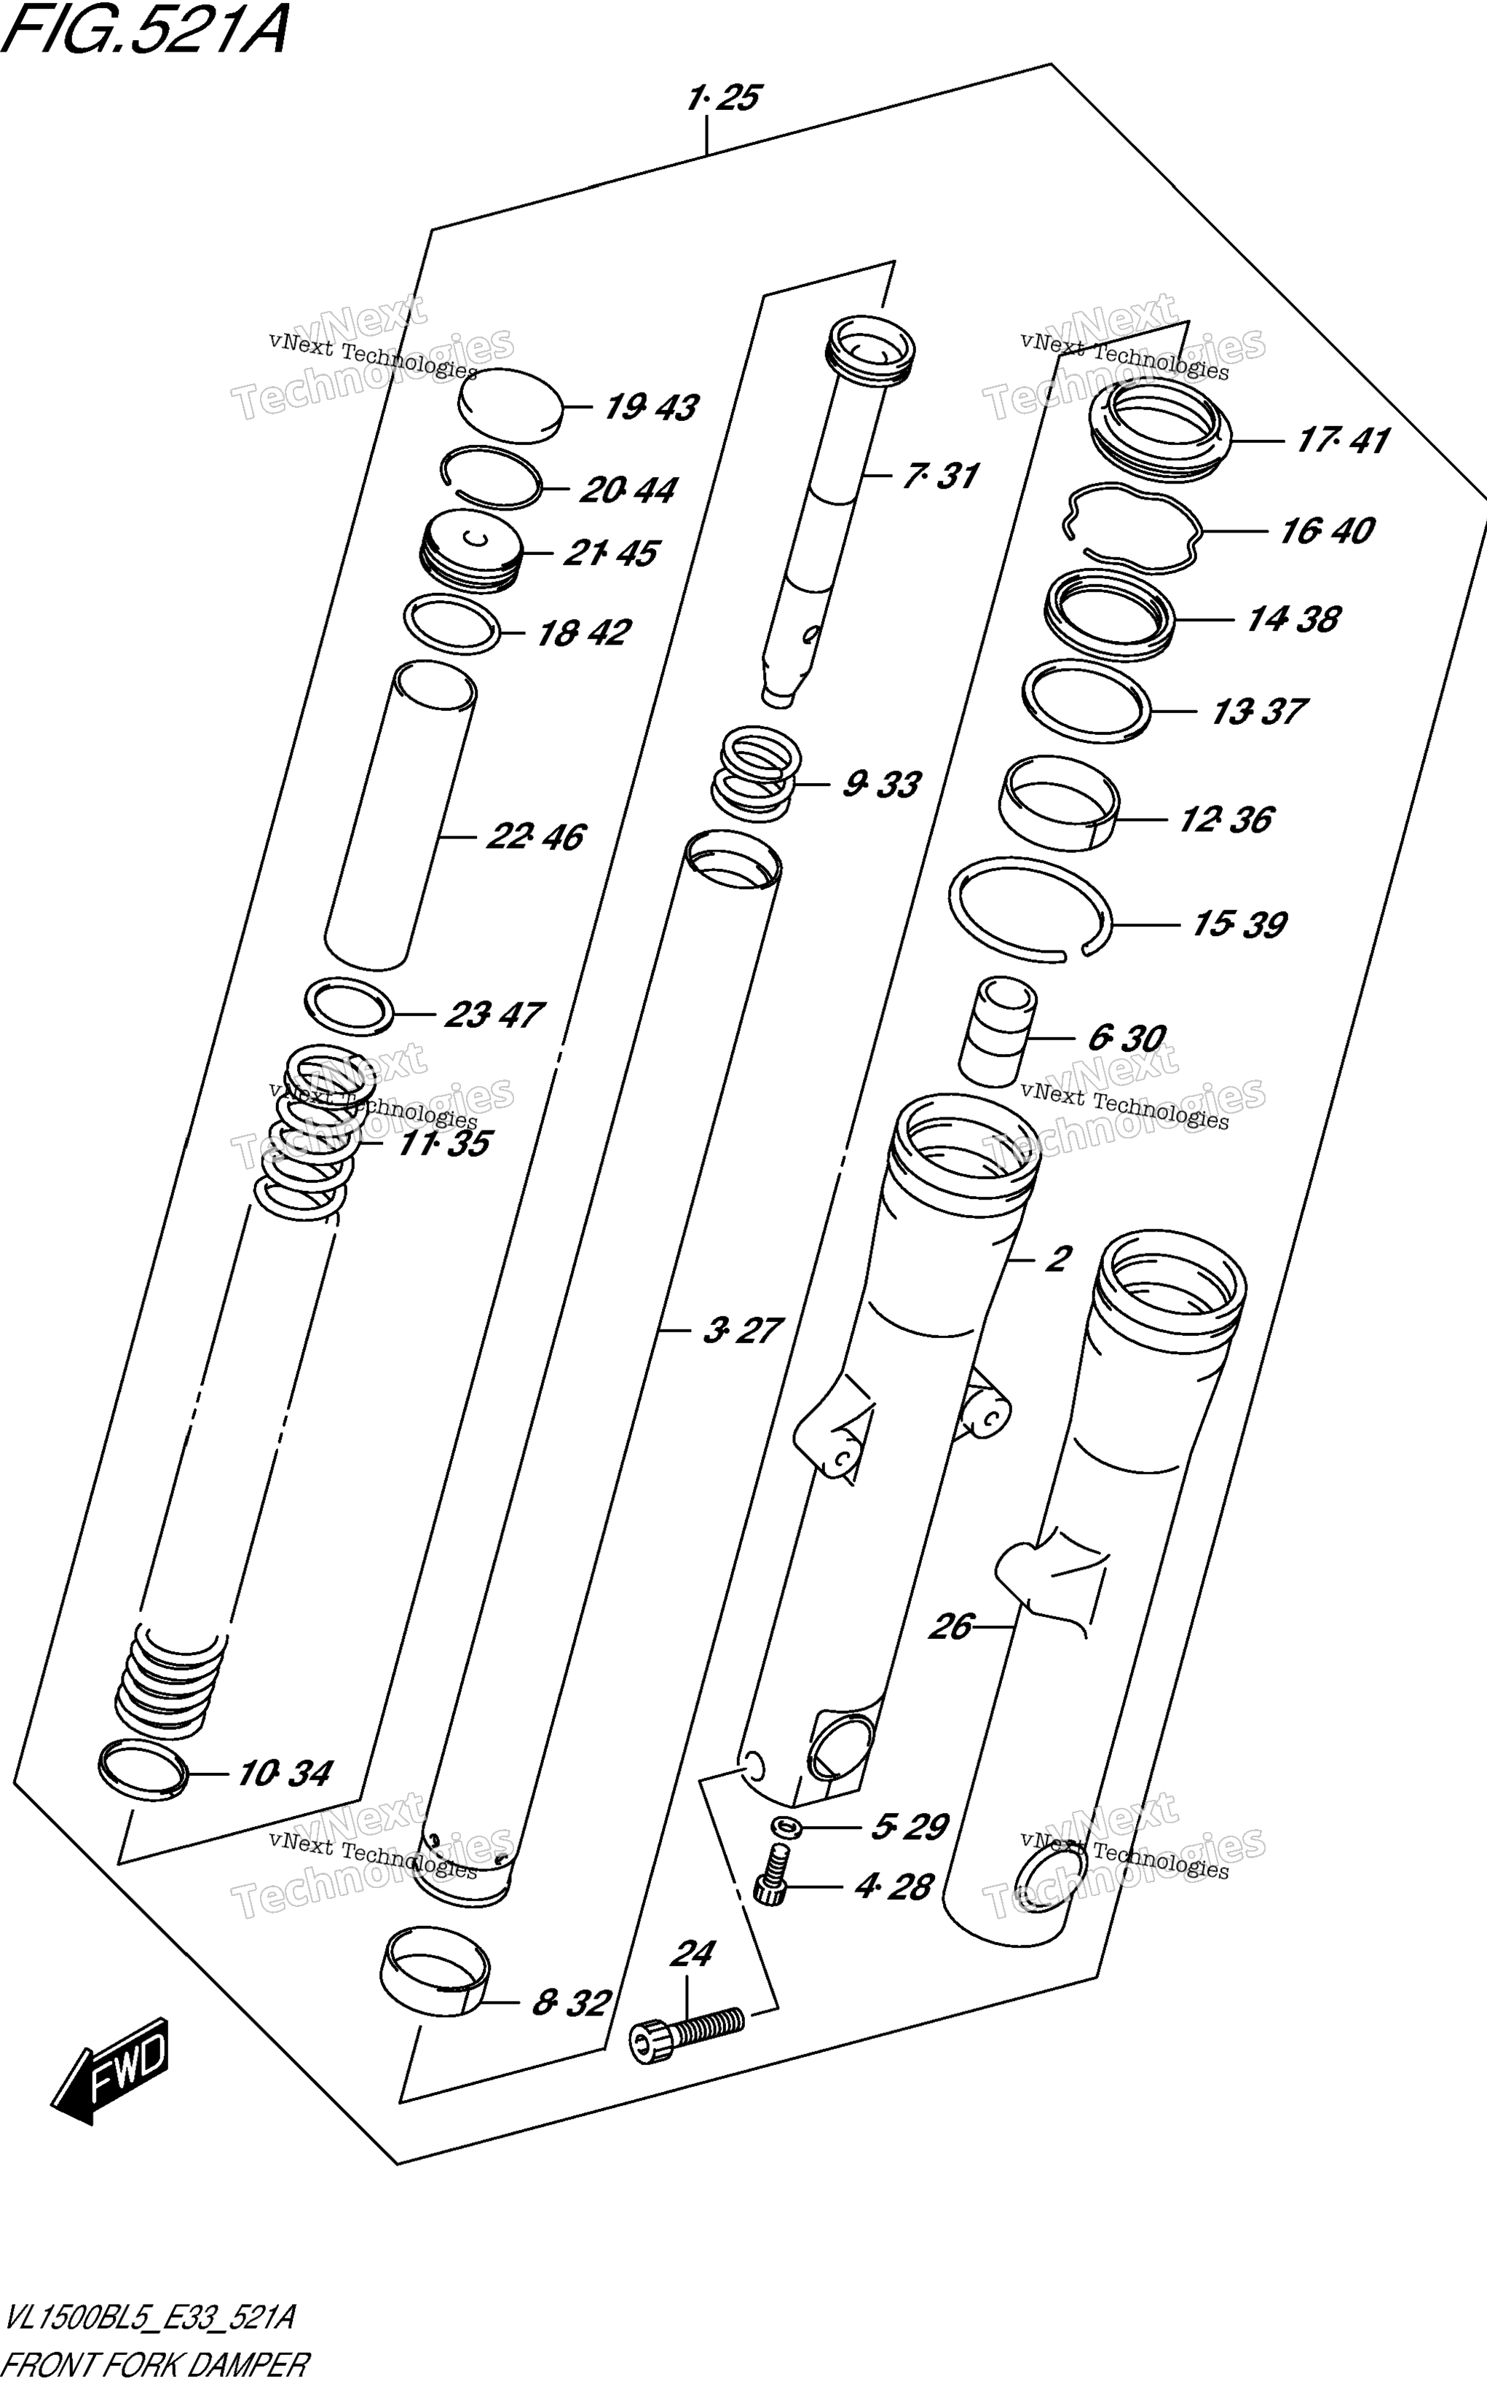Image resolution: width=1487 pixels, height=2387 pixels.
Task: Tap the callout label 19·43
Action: coord(651,407)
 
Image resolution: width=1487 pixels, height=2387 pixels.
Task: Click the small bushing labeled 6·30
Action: coord(997,1031)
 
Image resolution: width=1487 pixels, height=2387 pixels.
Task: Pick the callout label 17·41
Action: coord(1342,440)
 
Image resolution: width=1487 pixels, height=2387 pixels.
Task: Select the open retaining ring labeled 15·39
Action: coord(1030,908)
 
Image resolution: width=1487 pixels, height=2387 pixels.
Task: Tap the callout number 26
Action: coord(951,1627)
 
